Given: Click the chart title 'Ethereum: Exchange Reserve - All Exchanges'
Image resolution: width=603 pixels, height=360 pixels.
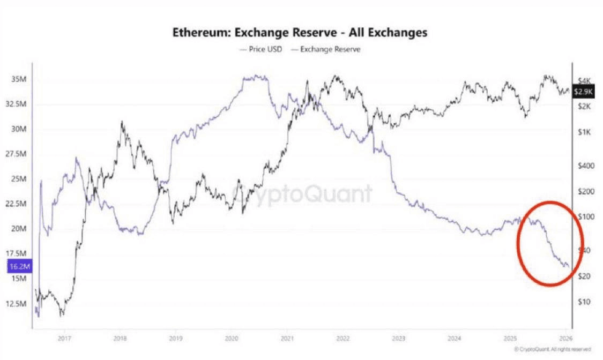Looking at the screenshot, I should click(x=300, y=33).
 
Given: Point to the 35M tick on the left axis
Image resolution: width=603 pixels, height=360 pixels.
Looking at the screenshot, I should click(x=19, y=80).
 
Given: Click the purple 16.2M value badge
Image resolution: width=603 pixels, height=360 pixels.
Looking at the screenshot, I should click(x=19, y=265).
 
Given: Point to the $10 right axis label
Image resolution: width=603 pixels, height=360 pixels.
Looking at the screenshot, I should click(x=585, y=302).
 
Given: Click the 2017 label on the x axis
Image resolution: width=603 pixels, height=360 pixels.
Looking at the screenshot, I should click(x=65, y=338).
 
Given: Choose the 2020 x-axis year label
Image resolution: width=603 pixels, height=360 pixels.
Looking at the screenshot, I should click(x=231, y=338).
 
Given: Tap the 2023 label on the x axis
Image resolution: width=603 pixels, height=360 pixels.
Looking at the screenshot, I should click(x=398, y=338).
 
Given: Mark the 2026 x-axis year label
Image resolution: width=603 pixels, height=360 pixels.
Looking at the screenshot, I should click(x=563, y=338).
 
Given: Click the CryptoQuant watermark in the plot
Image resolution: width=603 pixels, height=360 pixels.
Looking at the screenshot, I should click(x=302, y=193).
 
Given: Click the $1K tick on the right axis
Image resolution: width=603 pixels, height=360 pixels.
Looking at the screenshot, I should click(x=585, y=132).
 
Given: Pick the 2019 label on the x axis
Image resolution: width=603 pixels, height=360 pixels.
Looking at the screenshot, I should click(x=176, y=338).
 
